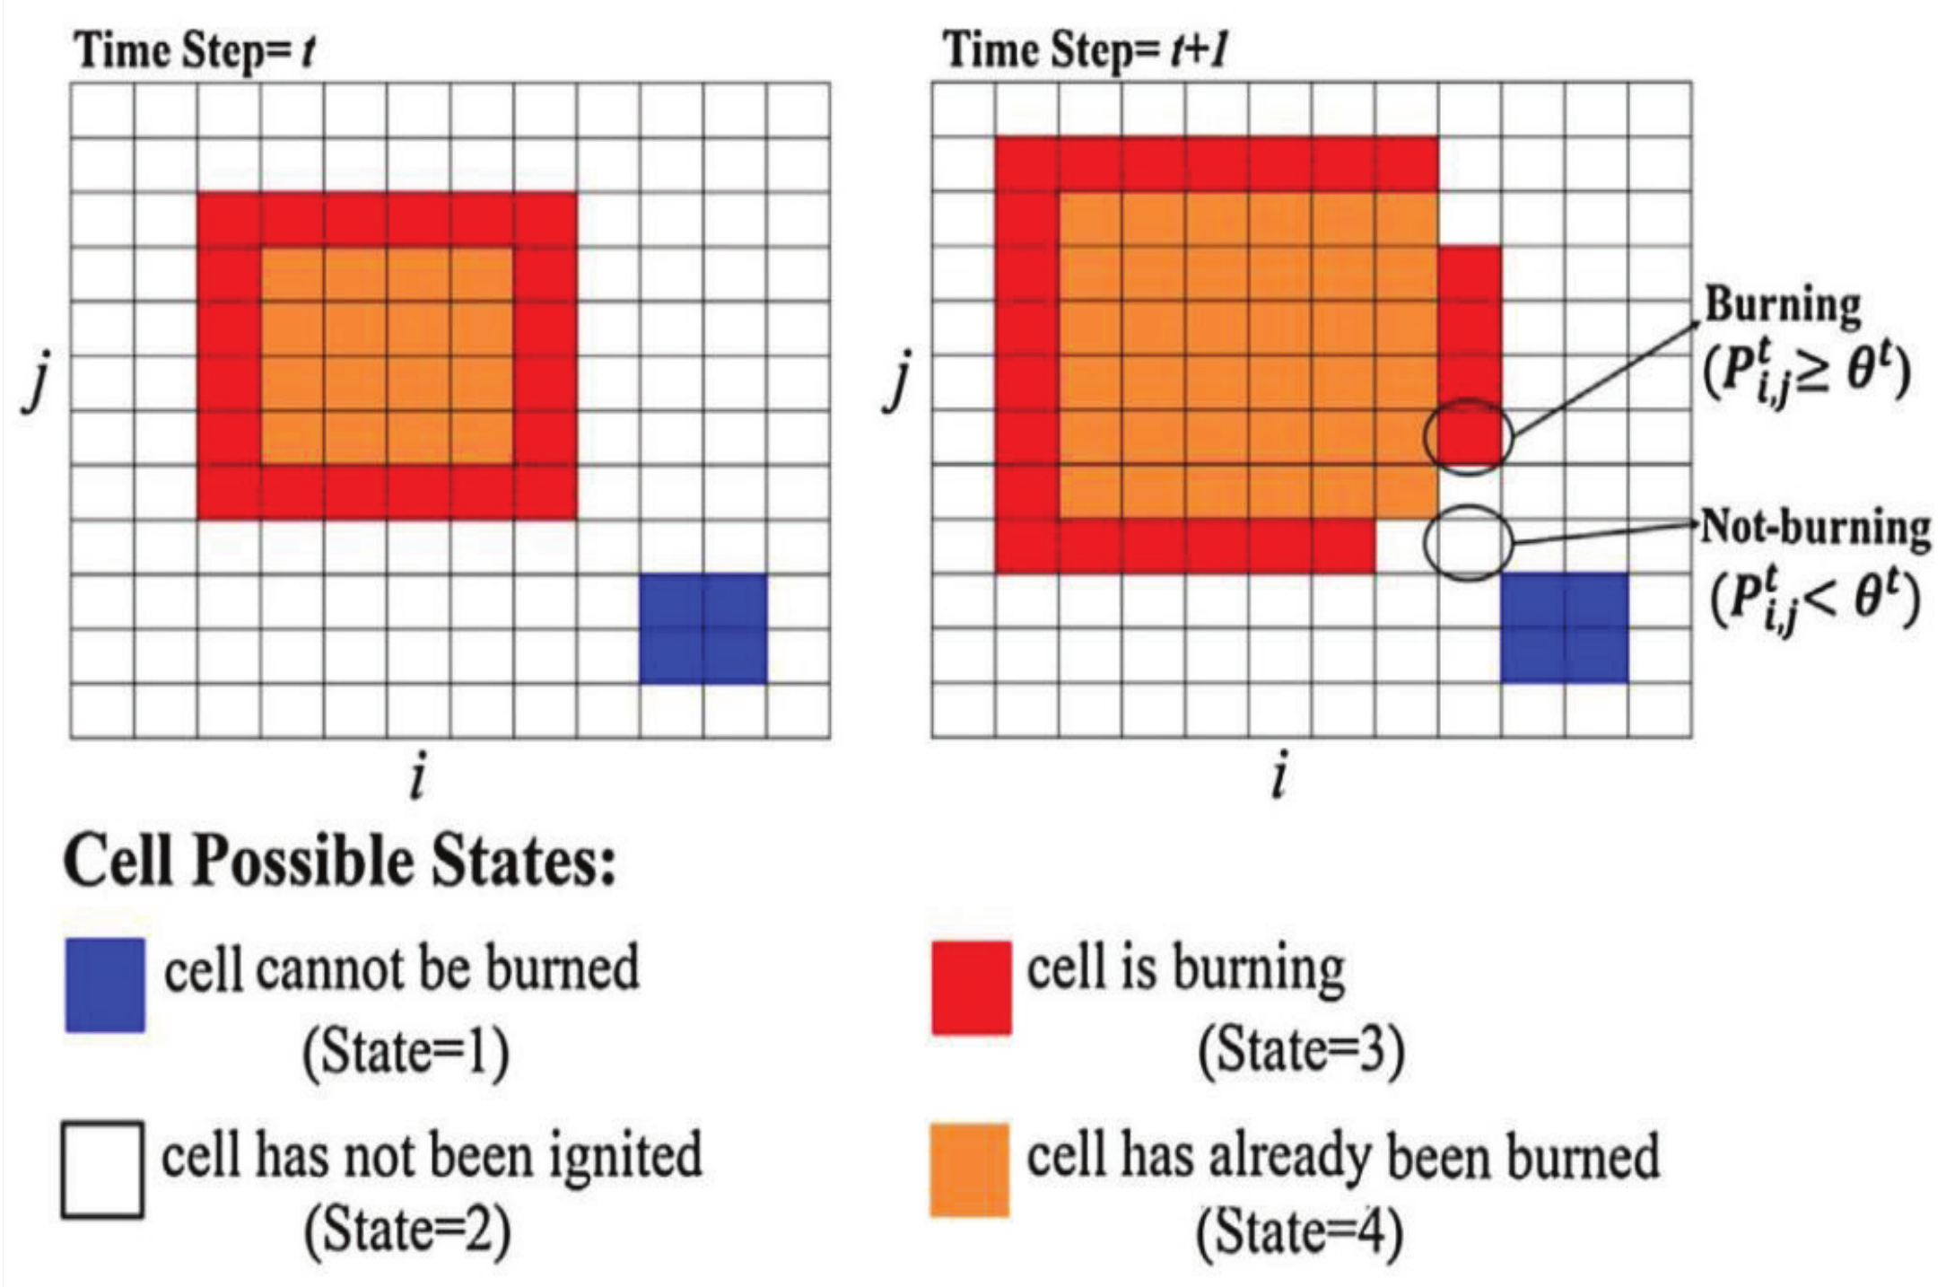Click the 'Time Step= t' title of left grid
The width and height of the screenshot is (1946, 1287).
(x=195, y=51)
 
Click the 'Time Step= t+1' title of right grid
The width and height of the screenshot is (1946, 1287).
(x=1084, y=49)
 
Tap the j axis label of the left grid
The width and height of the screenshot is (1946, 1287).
(x=34, y=388)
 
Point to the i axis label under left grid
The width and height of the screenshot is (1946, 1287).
(x=416, y=778)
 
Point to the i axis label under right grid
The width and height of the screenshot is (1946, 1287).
(x=1279, y=778)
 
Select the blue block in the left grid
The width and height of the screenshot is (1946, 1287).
(x=703, y=628)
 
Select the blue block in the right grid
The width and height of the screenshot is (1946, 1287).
(x=1565, y=628)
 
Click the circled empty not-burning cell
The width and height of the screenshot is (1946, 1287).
(x=1469, y=543)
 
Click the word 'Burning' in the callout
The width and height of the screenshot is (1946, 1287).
(x=1783, y=305)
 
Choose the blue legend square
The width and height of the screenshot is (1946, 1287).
(x=105, y=985)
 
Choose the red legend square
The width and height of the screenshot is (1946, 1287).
(x=971, y=987)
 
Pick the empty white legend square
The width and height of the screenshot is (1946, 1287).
(x=102, y=1169)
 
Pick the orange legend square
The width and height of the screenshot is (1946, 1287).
(x=969, y=1169)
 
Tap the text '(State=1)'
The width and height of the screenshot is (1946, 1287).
(x=406, y=1052)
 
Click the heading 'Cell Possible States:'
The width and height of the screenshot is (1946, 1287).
(x=340, y=862)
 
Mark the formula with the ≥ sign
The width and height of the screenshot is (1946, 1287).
(x=1807, y=375)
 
